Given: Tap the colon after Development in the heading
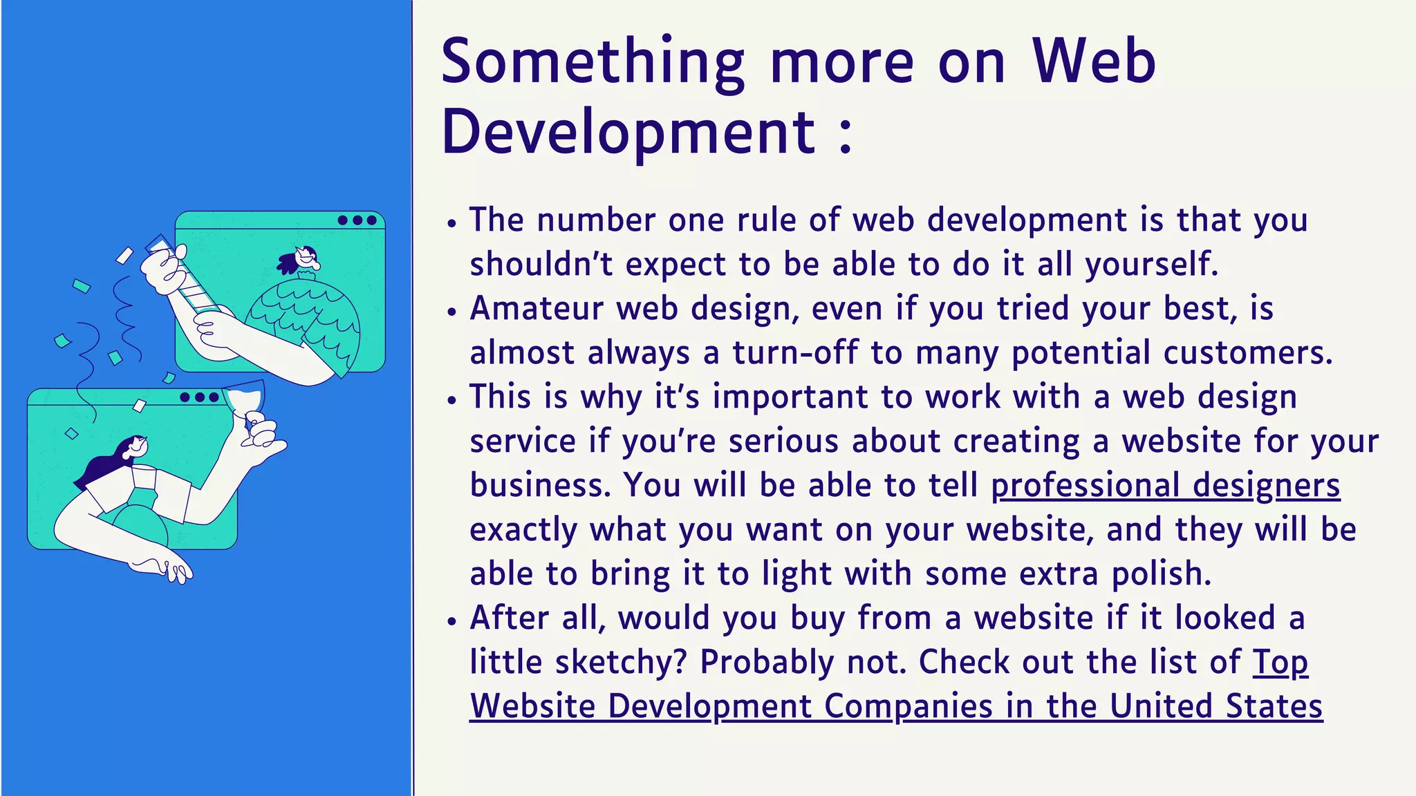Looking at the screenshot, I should pos(845,133).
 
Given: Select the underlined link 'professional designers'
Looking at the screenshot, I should pos(1165,485).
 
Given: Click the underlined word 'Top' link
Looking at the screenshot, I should pos(1280,662).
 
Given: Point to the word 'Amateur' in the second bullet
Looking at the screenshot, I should pos(537,308).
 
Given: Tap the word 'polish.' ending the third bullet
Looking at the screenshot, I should pos(1162,574).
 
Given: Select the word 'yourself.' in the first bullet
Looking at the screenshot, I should pos(1151,264).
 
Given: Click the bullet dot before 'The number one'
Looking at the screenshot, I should pos(452,223).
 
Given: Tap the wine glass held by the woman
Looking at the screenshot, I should pos(245,401).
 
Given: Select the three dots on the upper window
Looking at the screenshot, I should pos(357,220).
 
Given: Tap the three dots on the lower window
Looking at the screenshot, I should pos(199,397).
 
